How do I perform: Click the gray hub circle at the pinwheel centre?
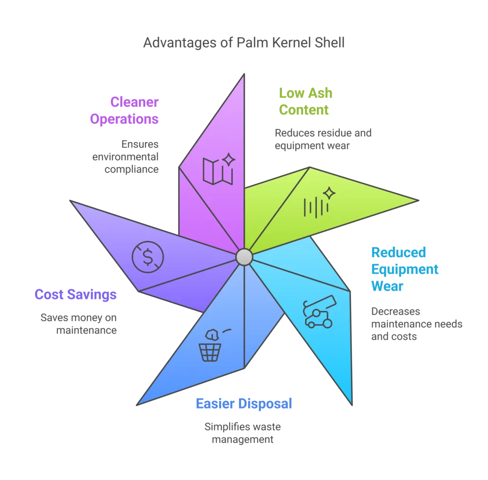click(244, 257)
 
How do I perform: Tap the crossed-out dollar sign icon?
click(148, 257)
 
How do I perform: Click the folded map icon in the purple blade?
click(217, 171)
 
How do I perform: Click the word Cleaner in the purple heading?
click(134, 102)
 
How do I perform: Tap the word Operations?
click(124, 119)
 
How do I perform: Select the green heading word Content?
click(303, 110)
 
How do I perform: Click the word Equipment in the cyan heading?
click(405, 269)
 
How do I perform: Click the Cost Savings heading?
click(75, 295)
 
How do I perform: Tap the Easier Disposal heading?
click(243, 403)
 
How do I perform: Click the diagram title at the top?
click(243, 44)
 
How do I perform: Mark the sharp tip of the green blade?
click(416, 201)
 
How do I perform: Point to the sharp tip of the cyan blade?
click(352, 403)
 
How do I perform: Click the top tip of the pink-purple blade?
click(244, 76)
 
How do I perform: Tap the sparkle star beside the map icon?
click(228, 160)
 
